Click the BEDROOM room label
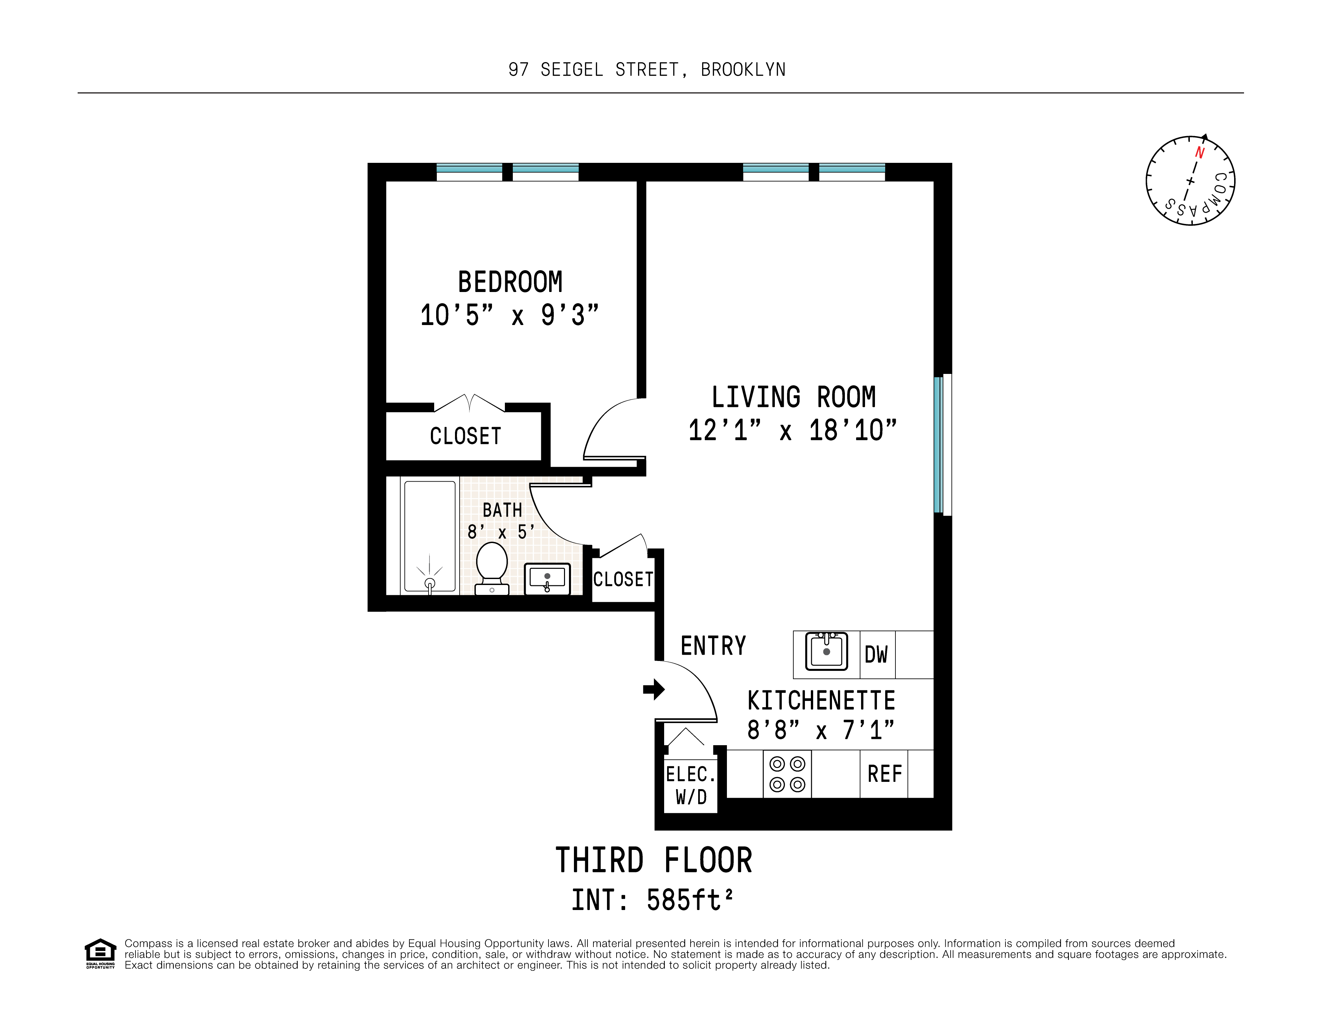(510, 282)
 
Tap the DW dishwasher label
(876, 654)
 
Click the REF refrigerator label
(884, 774)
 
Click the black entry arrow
(654, 689)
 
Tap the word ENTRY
(713, 646)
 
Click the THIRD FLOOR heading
(654, 860)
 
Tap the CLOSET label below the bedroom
(465, 436)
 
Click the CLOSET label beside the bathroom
(623, 579)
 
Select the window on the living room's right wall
(942, 445)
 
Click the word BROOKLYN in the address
(743, 70)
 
